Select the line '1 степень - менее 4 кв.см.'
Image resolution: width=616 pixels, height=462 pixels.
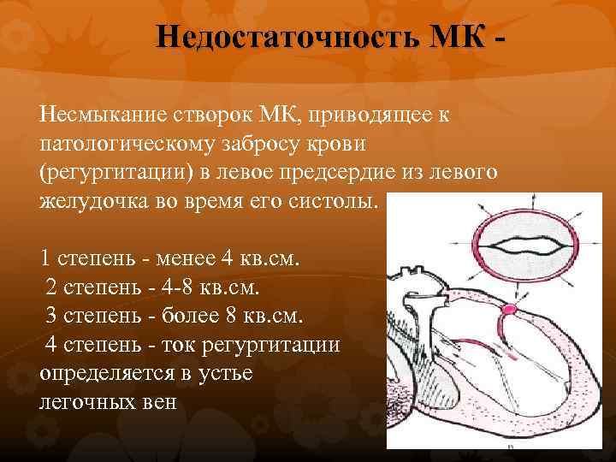(x=170, y=258)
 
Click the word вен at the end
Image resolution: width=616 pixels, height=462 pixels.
(x=160, y=403)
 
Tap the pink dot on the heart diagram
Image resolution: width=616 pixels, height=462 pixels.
(x=509, y=309)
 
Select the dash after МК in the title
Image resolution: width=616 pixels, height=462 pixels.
(x=499, y=39)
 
